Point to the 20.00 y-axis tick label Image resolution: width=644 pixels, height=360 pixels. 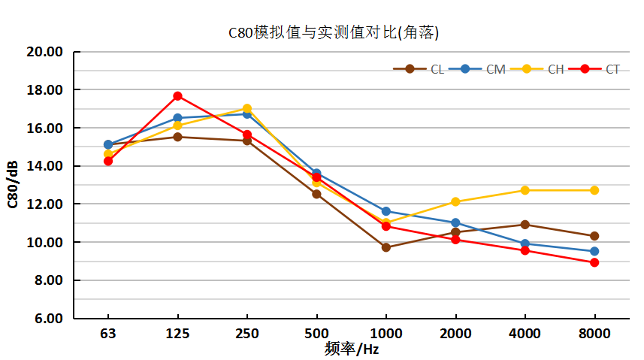(44, 52)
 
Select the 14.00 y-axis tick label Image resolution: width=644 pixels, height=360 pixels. (44, 166)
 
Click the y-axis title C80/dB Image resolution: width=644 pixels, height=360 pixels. (13, 185)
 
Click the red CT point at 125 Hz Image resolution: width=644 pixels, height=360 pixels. (177, 96)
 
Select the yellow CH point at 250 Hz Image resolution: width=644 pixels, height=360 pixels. (247, 109)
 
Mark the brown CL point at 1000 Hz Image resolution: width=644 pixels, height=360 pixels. (385, 247)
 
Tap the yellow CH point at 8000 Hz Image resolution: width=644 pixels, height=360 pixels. (594, 190)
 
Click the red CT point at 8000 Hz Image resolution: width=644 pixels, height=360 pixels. (594, 262)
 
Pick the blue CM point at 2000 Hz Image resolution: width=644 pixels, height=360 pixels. (455, 222)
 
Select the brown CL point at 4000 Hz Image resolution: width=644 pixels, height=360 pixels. (525, 225)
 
